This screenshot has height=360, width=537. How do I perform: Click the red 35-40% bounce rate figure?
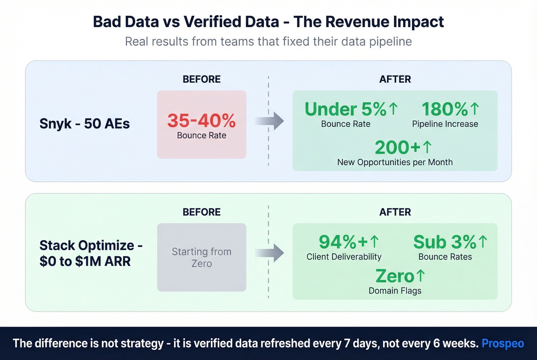pos(201,120)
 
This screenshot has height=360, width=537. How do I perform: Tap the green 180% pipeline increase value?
pos(445,109)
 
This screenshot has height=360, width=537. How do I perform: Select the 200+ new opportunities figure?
pos(398,147)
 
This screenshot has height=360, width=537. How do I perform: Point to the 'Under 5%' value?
pos(346,109)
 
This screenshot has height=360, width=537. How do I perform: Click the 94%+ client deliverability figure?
pos(344,242)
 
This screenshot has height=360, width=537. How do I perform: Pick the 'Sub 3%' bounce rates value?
pos(445,242)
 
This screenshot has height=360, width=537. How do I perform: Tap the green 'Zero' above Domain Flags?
pos(395,276)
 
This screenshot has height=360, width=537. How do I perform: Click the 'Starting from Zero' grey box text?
pos(201,257)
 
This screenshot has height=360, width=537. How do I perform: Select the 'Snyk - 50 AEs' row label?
pos(84,123)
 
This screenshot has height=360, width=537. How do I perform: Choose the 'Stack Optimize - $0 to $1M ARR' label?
pos(91,253)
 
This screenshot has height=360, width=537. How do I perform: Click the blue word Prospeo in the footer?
pos(502,343)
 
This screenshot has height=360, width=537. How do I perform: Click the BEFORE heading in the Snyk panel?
pos(201,79)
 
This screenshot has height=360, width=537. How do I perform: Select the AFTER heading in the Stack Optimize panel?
pos(395,212)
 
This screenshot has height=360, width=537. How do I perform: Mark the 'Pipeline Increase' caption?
pos(445,124)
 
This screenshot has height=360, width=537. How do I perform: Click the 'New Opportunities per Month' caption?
pos(395,162)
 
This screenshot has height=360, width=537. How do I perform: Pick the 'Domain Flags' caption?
pos(395,291)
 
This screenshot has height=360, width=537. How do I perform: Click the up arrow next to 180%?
pos(475,108)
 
